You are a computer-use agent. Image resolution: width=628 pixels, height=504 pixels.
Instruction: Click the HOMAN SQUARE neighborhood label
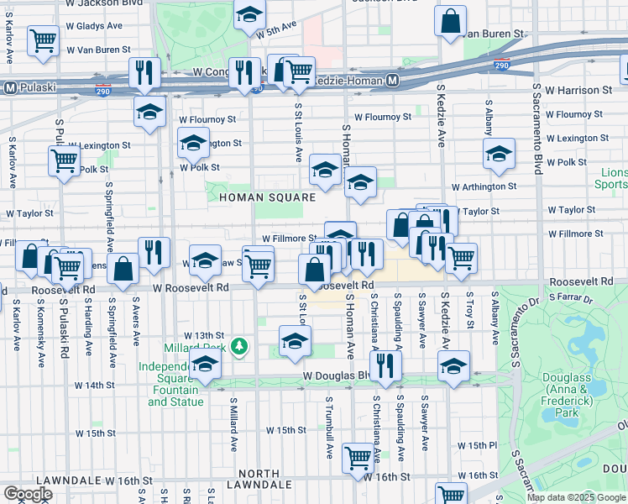point(267,197)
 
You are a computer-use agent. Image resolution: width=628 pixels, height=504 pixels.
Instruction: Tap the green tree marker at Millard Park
point(239,345)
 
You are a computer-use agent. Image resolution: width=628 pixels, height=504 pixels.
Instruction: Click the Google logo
point(28,493)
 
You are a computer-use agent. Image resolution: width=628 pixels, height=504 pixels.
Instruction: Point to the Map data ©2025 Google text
point(576,497)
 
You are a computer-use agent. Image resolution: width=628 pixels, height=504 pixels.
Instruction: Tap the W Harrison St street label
point(578,89)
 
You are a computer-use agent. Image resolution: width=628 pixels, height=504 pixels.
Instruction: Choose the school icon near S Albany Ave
point(499,154)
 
